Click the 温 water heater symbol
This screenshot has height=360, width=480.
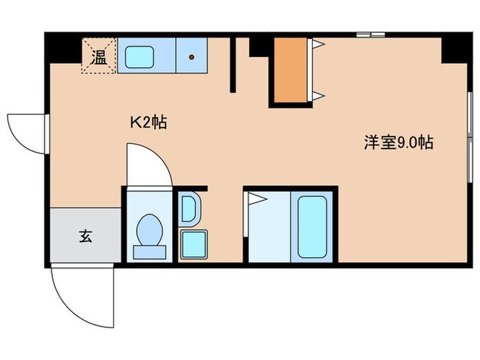[x=99, y=56]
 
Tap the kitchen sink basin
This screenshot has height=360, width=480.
[x=139, y=56]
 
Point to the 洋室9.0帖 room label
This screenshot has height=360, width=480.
[x=398, y=143]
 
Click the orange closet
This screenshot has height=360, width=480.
[x=290, y=69]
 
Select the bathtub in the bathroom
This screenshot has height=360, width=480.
[x=312, y=226]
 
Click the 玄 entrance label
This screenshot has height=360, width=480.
[x=85, y=237]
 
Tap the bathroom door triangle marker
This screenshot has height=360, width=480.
[x=256, y=200]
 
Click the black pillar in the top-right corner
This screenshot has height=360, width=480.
[x=452, y=49]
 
